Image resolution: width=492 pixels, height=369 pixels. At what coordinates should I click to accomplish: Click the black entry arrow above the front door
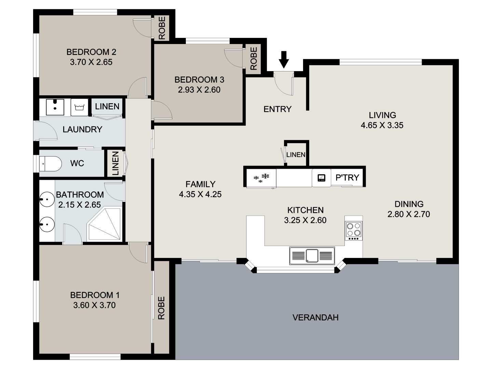[x=284, y=59]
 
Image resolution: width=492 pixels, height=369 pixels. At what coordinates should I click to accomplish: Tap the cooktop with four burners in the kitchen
[x=354, y=230]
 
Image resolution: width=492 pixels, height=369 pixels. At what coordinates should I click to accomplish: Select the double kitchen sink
[x=312, y=256]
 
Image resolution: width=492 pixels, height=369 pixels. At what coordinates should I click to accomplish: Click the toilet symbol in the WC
[x=50, y=163]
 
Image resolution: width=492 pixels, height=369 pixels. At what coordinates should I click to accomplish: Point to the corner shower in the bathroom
[x=105, y=224]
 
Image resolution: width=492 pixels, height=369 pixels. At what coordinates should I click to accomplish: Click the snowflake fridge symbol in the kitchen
[x=261, y=178]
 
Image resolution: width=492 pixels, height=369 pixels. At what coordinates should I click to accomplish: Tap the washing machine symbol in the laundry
[x=79, y=107]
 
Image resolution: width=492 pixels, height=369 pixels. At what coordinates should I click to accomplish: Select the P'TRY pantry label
[x=347, y=178]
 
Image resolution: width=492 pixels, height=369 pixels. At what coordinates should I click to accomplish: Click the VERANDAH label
[x=315, y=317]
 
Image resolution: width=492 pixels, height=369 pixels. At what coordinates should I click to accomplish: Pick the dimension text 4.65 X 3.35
[x=382, y=125]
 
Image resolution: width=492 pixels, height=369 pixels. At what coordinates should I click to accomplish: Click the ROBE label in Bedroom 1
[x=161, y=308]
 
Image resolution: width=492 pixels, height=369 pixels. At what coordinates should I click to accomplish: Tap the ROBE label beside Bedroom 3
[x=253, y=58]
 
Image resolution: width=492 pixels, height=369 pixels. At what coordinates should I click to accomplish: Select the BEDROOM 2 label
[x=91, y=52]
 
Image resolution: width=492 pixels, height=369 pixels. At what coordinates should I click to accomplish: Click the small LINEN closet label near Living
[x=296, y=155]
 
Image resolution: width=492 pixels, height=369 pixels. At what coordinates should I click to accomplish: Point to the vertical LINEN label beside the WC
[x=115, y=164]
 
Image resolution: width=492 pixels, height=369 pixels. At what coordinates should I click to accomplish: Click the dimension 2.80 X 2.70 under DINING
[x=409, y=214]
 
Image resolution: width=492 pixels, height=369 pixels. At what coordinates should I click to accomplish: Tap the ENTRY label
[x=277, y=109]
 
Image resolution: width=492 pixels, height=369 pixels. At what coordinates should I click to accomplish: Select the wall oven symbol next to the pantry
[x=322, y=178]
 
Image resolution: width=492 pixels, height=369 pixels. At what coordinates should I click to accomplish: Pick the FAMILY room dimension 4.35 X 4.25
[x=200, y=194]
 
